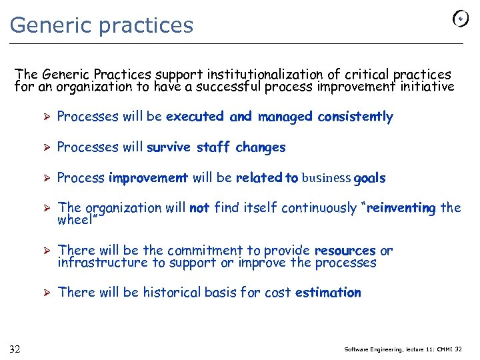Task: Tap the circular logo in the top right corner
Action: [x=460, y=19]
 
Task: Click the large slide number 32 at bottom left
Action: [x=15, y=349]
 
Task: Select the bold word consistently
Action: [x=355, y=117]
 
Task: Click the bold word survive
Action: [x=169, y=147]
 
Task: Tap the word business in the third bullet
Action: [x=326, y=178]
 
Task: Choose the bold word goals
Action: [x=369, y=179]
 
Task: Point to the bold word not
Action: [x=199, y=208]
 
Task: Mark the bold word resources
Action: [x=345, y=251]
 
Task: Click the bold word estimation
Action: [x=328, y=293]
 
